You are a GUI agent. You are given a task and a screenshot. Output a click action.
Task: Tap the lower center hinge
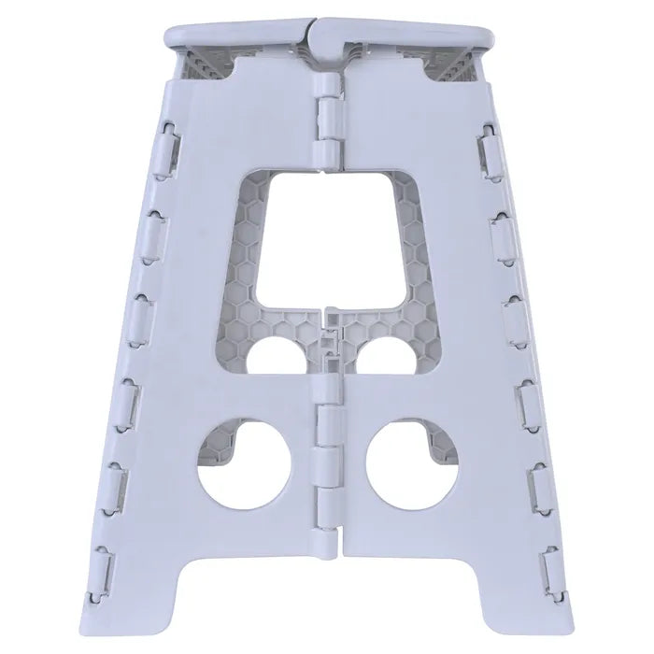pos(327,448)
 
